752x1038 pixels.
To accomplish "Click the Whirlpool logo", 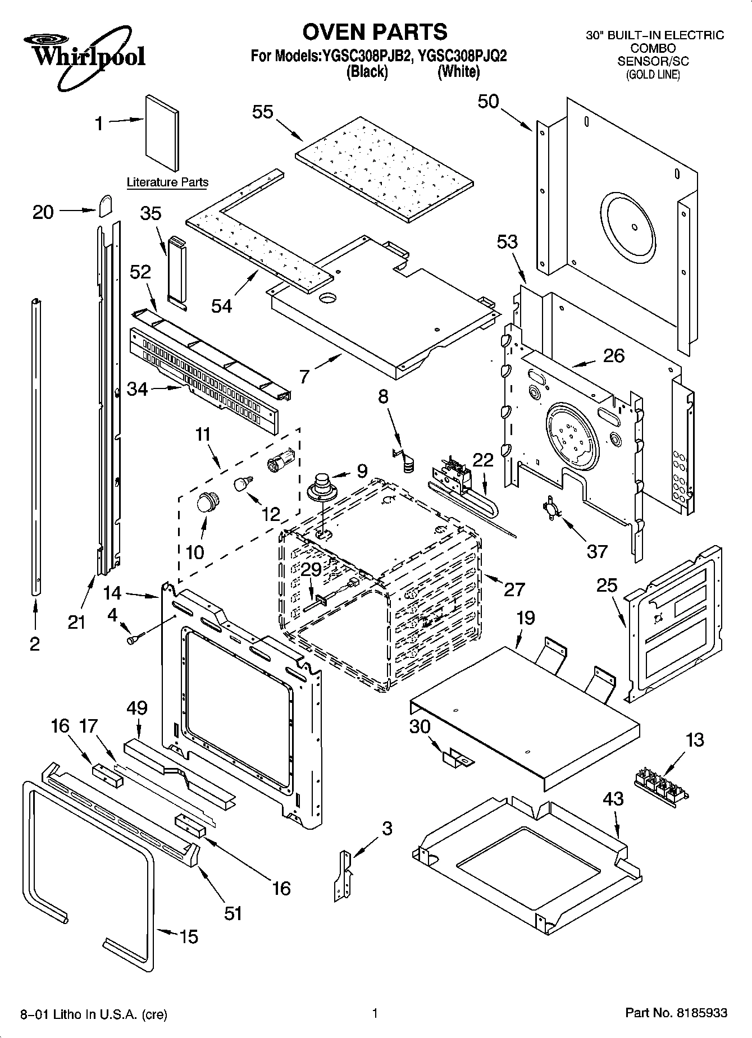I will pos(84,56).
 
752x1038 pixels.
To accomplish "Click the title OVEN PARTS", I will pos(375,32).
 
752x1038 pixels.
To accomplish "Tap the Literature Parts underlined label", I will pos(167,182).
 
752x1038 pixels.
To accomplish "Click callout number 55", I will pos(262,112).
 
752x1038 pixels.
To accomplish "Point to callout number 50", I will pos(488,102).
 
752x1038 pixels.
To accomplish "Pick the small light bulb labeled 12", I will pos(243,482).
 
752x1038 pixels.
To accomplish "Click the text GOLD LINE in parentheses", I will pos(653,75).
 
